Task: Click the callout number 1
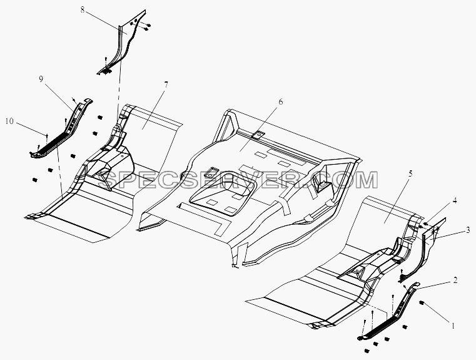[453, 326]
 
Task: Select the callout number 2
[455, 280]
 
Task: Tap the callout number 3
[468, 230]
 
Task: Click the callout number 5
[410, 174]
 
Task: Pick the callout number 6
[280, 102]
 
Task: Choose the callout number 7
[166, 85]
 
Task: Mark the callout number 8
[83, 9]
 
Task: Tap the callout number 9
[41, 79]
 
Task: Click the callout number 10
[9, 121]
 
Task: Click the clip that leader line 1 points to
[422, 302]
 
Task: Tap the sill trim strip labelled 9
[60, 130]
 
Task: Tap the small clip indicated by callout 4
[425, 224]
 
